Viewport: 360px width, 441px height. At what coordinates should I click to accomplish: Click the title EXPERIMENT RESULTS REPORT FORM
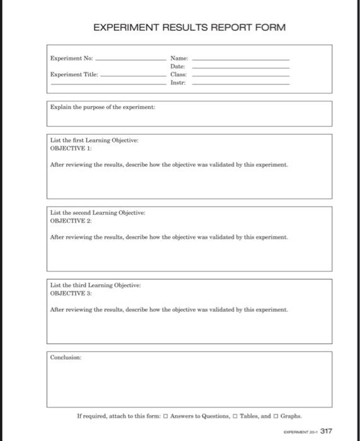189,28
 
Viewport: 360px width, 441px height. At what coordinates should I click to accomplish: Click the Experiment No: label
72,59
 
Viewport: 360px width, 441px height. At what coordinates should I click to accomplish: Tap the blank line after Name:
240,59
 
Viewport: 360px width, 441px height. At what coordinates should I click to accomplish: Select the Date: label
177,66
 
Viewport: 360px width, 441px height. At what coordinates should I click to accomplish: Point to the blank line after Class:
240,75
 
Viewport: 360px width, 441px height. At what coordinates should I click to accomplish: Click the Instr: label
177,83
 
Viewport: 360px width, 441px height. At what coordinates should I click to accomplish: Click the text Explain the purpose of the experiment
103,107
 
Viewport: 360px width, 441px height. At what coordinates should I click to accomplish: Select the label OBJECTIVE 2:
71,220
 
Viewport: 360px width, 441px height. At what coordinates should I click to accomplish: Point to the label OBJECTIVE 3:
71,293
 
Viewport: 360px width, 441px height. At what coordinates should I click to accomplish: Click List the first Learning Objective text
94,140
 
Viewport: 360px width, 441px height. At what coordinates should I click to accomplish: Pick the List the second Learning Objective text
97,213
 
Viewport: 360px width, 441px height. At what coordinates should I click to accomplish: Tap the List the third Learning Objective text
95,285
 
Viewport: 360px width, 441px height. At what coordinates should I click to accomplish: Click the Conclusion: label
66,357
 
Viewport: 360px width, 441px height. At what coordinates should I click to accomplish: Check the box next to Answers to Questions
165,416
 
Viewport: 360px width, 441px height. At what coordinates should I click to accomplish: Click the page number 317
326,431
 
